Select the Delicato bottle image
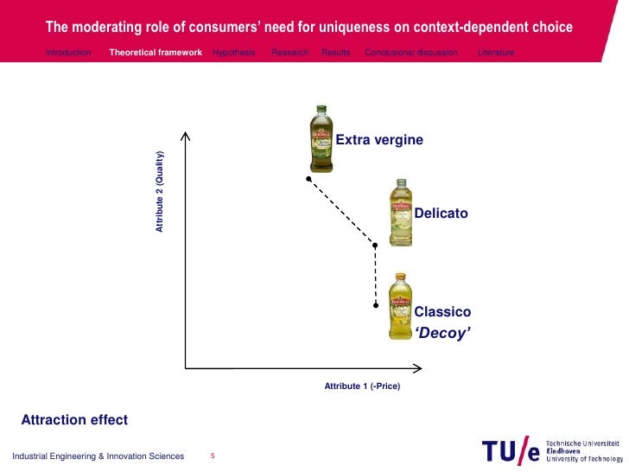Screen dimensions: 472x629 point(400,213)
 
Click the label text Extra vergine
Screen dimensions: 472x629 point(379,139)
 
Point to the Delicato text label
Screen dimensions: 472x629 point(441,214)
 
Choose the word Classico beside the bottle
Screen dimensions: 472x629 point(442,311)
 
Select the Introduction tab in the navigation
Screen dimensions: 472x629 point(68,53)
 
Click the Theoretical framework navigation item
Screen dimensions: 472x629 point(156,53)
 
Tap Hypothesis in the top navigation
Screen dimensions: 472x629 point(233,53)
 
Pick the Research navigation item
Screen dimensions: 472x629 point(289,53)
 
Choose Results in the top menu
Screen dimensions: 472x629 point(336,53)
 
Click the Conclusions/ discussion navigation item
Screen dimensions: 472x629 point(411,53)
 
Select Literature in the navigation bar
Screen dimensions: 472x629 point(496,53)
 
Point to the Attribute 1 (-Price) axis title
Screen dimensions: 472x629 point(362,386)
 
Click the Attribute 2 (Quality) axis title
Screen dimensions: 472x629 point(160,192)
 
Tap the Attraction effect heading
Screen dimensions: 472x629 point(74,420)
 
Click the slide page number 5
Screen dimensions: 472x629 point(213,456)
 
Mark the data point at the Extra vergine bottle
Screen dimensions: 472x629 point(308,179)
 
